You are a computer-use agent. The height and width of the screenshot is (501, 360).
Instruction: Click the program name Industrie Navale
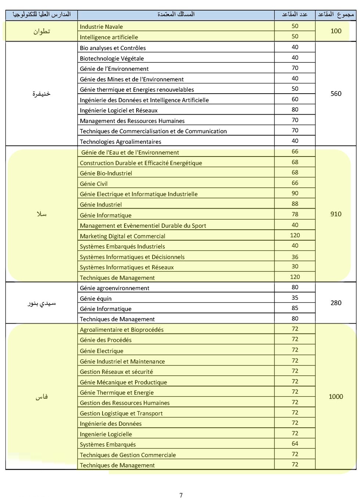[x=101, y=27]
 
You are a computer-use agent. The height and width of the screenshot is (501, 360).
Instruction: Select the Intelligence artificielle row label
[x=109, y=37]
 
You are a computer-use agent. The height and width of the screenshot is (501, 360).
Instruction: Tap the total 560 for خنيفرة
[x=336, y=94]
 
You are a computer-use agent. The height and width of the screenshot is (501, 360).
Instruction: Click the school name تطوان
[x=42, y=31]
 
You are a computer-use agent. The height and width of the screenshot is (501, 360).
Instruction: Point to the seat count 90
[x=295, y=193]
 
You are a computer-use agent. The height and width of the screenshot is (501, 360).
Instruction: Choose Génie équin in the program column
[x=96, y=299]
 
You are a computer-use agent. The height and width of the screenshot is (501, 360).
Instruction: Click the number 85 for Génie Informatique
[x=295, y=308]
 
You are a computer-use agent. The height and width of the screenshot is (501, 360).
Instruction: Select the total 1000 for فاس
[x=336, y=396]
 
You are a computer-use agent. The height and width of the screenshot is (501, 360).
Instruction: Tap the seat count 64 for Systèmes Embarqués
[x=295, y=443]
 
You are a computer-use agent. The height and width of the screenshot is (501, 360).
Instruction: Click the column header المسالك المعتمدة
[x=176, y=14]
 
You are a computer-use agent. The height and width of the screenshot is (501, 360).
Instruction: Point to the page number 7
[x=181, y=495]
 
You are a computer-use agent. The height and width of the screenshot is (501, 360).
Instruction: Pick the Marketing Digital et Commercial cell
[x=123, y=236]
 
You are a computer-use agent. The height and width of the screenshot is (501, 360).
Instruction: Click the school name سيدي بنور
[x=42, y=303]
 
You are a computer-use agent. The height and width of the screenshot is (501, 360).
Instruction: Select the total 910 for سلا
[x=336, y=214]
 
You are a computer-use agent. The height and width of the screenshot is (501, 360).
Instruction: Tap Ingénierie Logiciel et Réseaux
[x=119, y=110]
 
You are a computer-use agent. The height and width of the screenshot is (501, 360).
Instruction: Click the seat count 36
[x=295, y=257]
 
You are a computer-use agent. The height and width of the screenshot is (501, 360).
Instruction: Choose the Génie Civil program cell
[x=94, y=184]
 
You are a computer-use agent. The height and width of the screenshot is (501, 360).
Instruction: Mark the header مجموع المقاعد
[x=336, y=14]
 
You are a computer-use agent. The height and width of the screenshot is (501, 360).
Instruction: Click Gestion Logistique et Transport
[x=121, y=413]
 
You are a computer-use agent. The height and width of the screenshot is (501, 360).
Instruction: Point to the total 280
[x=336, y=303]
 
